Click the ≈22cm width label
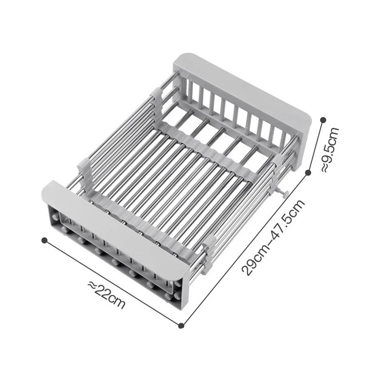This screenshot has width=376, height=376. [107, 295]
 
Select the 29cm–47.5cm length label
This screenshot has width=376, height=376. [274, 237]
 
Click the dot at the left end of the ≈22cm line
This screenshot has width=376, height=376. [45, 240]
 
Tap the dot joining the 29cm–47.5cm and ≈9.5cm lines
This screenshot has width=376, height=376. [308, 172]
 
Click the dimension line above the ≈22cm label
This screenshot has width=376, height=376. [113, 282]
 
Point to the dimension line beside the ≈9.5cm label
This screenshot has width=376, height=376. [315, 146]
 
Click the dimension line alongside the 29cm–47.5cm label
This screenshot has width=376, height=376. [244, 249]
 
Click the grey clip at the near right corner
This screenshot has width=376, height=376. [209, 244]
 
